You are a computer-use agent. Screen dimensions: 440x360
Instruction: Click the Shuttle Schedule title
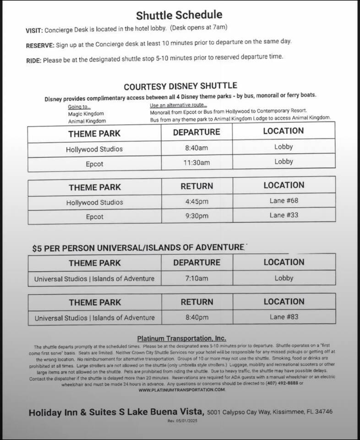[185, 15]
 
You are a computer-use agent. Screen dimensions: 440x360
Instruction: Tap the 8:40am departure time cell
[196, 148]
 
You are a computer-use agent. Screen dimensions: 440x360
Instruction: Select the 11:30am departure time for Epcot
[196, 163]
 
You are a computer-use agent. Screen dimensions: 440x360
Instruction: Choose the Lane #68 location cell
[284, 201]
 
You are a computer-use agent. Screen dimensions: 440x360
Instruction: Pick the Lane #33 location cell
[284, 215]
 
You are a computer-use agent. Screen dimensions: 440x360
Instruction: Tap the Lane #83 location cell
[284, 316]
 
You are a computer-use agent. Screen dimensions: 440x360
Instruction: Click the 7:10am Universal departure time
[196, 278]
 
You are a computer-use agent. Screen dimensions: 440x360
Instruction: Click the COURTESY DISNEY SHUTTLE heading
[180, 86]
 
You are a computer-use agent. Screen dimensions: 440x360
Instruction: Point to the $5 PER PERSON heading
[138, 247]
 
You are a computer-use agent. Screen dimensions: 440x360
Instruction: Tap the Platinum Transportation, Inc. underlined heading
[181, 338]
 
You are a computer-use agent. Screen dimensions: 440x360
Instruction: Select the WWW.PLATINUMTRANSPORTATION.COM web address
[182, 390]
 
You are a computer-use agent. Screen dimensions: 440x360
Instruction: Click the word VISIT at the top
[34, 30]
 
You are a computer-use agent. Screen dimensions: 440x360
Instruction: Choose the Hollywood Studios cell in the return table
[94, 202]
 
